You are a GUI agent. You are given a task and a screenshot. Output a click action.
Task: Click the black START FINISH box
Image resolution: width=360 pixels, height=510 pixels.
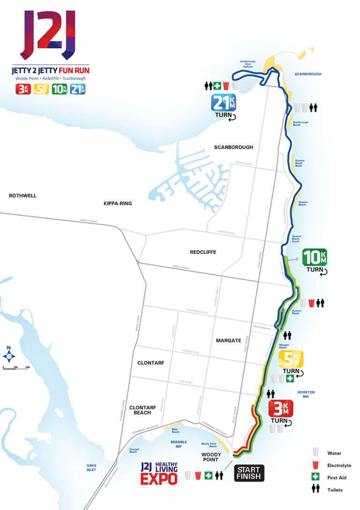click(x=248, y=473)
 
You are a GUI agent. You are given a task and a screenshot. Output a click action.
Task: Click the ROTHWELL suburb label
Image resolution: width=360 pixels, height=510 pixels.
click(x=22, y=196)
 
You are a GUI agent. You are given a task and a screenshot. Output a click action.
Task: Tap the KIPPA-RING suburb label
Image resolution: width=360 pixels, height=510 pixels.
click(x=118, y=204)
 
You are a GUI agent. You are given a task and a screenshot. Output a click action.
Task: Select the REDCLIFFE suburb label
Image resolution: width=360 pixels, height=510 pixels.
click(x=203, y=252)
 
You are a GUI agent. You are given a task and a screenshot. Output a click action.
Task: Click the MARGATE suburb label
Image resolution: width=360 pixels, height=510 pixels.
click(x=228, y=340)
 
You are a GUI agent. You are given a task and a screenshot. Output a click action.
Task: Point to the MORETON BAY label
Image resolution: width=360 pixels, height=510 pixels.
click(x=306, y=395)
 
